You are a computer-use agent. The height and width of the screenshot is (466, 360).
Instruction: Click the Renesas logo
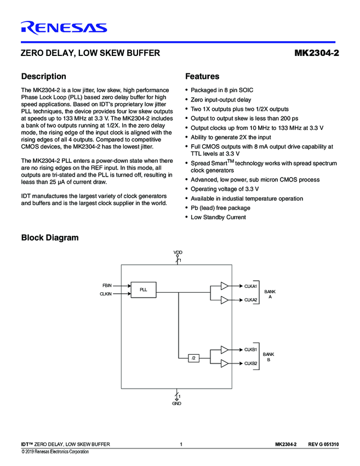pyautogui.click(x=64, y=27)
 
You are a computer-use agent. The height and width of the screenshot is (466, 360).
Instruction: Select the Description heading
pyautogui.click(x=43, y=76)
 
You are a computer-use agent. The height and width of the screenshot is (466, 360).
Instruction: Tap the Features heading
pyautogui.click(x=202, y=76)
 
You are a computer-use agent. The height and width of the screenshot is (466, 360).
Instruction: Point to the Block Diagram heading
pyautogui.click(x=50, y=237)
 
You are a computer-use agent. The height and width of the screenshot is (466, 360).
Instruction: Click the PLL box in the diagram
pyautogui.click(x=143, y=289)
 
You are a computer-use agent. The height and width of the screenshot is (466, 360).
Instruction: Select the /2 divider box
pyautogui.click(x=193, y=358)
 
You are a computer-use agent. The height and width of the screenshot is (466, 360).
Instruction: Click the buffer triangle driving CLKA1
pyautogui.click(x=225, y=286)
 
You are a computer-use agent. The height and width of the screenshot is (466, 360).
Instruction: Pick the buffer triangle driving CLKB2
pyautogui.click(x=225, y=363)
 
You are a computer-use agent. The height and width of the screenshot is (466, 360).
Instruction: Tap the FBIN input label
pyautogui.click(x=107, y=286)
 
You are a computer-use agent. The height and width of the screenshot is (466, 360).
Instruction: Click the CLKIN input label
pyautogui.click(x=106, y=294)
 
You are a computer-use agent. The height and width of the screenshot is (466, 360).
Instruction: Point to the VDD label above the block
pyautogui.click(x=178, y=252)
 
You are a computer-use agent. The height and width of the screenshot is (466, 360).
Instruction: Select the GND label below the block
pyautogui.click(x=176, y=403)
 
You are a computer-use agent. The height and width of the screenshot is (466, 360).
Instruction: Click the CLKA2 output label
pyautogui.click(x=250, y=300)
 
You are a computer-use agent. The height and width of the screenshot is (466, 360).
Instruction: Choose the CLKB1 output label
pyautogui.click(x=250, y=349)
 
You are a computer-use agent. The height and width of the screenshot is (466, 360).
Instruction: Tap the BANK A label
pyautogui.click(x=270, y=294)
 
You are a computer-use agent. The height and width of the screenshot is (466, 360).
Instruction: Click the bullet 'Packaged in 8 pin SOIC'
pyautogui.click(x=221, y=90)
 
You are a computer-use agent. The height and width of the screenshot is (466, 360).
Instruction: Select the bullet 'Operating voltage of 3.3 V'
pyautogui.click(x=225, y=189)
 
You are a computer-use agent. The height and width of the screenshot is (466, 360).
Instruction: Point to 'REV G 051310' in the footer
pyautogui.click(x=324, y=444)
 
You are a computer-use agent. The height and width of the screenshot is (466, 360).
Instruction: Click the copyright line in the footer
pyautogui.click(x=55, y=452)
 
